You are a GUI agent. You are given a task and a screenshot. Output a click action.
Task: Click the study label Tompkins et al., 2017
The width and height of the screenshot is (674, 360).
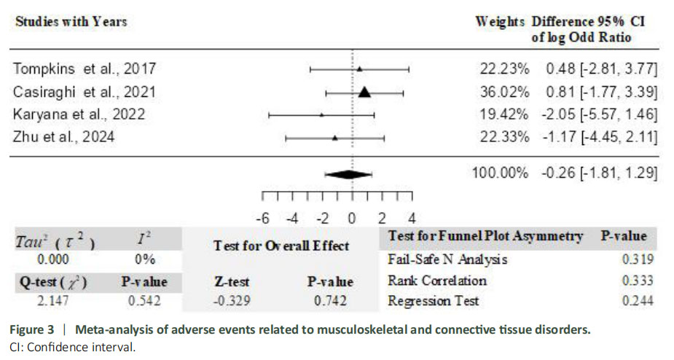pos(85,69)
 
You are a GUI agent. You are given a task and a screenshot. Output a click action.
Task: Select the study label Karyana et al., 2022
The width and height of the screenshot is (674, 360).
pos(79,114)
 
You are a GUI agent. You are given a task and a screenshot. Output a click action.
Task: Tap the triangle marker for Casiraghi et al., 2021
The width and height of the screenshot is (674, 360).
pos(365,92)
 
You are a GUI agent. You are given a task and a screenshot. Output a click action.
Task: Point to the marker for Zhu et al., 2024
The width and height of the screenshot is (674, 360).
pos(334,137)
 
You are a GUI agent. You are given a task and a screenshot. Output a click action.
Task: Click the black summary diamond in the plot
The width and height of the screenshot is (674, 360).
pos(348,174)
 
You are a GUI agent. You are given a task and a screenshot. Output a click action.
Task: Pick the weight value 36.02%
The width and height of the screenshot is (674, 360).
pos(503,92)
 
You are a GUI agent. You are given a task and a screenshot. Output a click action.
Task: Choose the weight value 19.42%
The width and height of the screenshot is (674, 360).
pos(503,114)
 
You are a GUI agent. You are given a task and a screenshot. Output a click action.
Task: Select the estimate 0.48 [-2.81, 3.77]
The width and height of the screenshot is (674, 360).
pos(602,69)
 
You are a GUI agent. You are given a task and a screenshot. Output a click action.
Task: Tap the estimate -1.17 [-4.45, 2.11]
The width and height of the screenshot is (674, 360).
pos(600,137)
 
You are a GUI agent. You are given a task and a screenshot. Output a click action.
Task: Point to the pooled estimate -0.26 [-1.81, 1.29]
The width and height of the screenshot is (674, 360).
pos(600,173)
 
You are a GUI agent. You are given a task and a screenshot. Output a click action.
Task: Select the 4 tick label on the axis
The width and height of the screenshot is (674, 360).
pos(412,218)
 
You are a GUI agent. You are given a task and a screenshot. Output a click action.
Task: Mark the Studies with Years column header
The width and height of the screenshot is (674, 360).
pos(71,21)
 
